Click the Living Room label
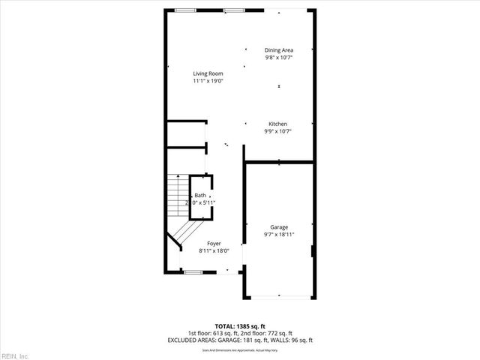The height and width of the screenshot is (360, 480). coord(208,73)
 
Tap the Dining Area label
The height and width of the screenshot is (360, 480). coord(278,50)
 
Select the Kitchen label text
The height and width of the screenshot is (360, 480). coord(278,124)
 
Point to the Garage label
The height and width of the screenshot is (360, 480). coord(279,227)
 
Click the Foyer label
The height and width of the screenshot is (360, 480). coord(214,244)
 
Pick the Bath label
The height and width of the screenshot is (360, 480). coord(199,195)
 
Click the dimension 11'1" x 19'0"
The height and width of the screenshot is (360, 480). coord(208,81)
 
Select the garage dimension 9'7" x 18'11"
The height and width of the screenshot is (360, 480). coord(279,235)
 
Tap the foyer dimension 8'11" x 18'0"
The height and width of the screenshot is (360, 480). coord(214,251)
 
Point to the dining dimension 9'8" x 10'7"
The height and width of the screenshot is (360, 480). coord(278,58)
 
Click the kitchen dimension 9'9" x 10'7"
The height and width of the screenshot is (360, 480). coord(278,131)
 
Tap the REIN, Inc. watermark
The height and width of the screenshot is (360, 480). coord(15,355)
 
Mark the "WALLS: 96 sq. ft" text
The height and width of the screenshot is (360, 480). coord(290,340)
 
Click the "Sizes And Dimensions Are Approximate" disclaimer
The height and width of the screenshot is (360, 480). coord(239,350)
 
